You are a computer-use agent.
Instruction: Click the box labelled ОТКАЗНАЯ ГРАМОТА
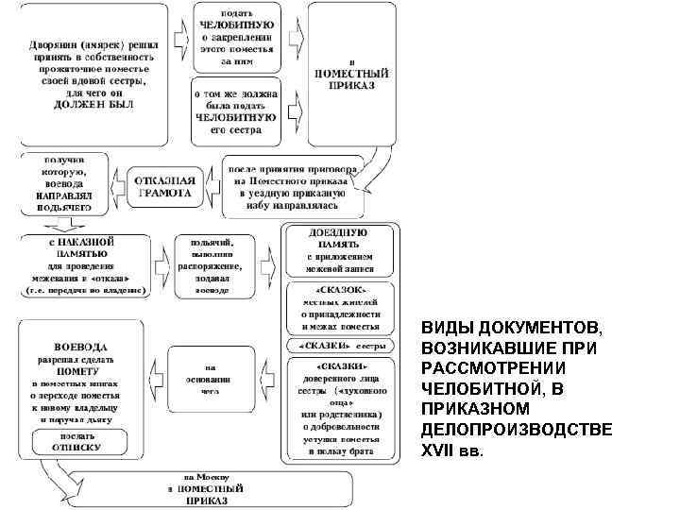(165, 186)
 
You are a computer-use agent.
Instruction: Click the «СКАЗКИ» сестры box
(340, 343)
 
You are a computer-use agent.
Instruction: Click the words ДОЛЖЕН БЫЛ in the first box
(93, 105)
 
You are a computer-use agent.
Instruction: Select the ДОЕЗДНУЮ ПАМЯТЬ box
(340, 243)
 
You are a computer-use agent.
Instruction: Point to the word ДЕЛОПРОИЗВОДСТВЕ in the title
(516, 430)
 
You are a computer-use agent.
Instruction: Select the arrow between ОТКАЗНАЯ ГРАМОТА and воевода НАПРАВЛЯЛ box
(117, 183)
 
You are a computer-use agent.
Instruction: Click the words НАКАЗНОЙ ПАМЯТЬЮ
(85, 248)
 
